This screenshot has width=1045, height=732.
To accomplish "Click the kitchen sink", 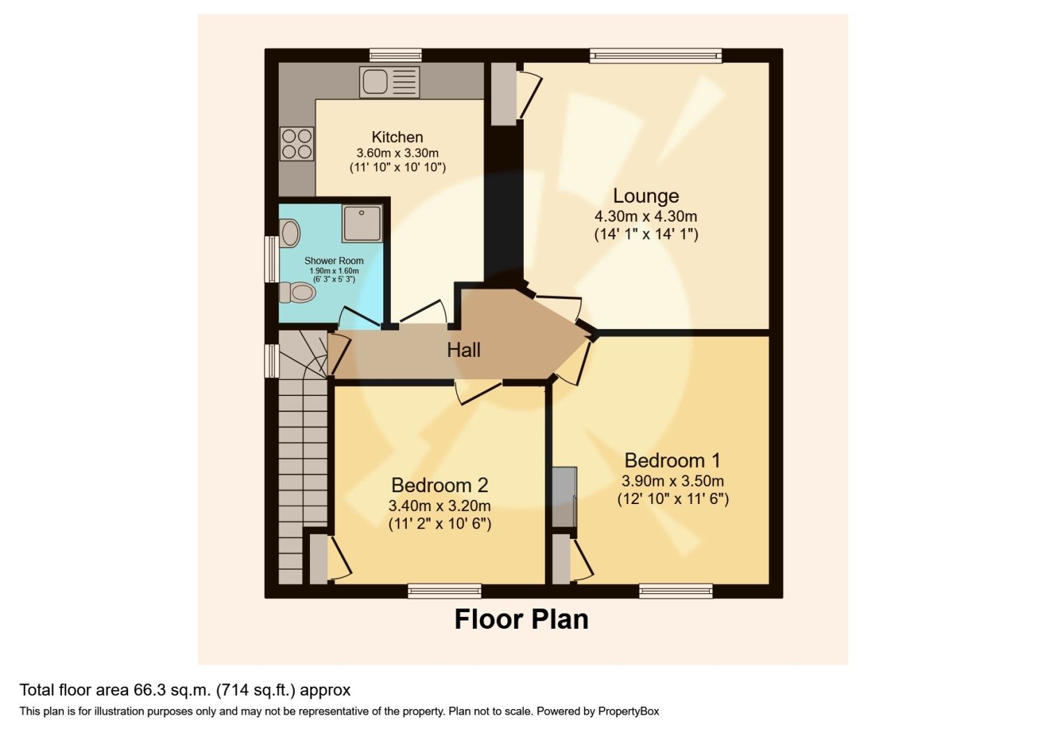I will [x=389, y=82].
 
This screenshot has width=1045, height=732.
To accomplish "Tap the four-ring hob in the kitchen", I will [x=296, y=144].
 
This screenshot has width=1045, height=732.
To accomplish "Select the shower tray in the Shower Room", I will [x=362, y=224].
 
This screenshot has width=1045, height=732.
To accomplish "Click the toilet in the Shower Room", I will [x=297, y=292].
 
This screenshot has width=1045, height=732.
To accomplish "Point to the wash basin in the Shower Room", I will [x=289, y=233].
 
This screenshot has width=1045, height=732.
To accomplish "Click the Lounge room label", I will [x=646, y=196].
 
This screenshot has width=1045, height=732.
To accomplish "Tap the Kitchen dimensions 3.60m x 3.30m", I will [x=397, y=153].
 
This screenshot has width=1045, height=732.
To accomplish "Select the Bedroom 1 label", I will [x=672, y=460].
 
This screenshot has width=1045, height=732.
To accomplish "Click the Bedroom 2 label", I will [x=439, y=485].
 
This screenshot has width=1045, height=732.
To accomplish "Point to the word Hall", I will [x=463, y=349].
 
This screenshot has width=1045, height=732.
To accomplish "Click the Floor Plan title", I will [x=521, y=619].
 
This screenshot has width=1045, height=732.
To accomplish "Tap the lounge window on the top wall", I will [x=655, y=56].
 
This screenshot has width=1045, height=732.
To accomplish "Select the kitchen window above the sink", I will [x=395, y=56].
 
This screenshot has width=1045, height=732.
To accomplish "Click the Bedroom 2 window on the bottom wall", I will [x=444, y=591].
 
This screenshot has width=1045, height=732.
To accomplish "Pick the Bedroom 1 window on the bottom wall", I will [x=676, y=591].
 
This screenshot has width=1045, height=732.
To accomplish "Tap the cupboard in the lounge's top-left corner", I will [x=503, y=94].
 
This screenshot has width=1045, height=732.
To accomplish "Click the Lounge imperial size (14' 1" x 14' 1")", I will [x=646, y=234].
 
